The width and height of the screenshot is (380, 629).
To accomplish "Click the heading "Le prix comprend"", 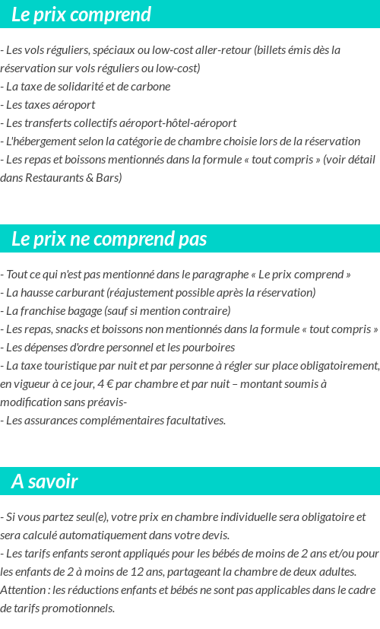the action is (81, 14).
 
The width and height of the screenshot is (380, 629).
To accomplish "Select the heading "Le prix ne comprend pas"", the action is (109, 239).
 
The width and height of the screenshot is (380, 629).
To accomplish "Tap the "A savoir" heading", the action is (45, 481).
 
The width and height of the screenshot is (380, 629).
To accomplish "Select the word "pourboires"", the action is (208, 348).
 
